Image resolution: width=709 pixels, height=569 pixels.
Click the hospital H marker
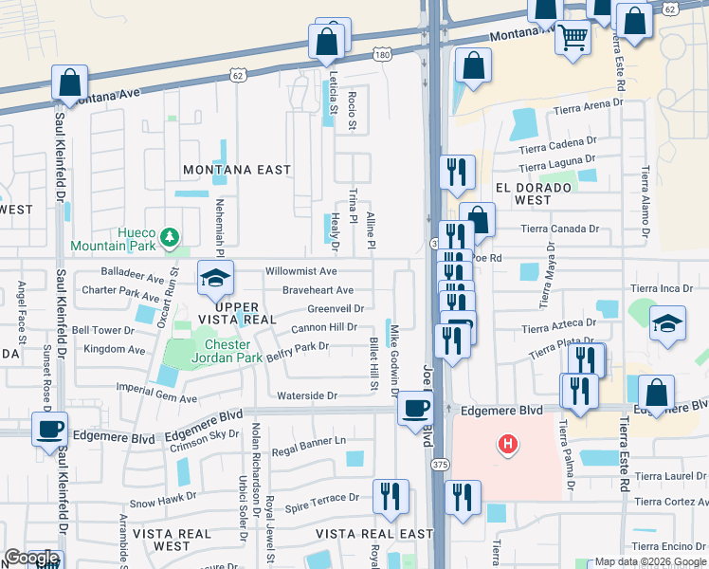[509, 443]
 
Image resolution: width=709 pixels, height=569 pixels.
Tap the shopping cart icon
[573, 39]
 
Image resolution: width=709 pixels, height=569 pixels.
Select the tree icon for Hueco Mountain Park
[169, 235]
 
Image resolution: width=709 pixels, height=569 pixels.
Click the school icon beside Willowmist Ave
[215, 279]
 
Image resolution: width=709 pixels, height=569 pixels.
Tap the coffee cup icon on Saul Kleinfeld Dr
[49, 428]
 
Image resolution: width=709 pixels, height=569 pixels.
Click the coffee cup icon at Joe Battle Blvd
[415, 408]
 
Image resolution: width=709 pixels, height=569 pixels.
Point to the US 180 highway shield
[381, 55]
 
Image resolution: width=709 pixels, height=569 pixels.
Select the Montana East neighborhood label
[237, 170]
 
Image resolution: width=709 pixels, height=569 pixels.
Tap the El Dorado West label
[534, 194]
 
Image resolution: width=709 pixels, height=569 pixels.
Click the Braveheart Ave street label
[318, 290]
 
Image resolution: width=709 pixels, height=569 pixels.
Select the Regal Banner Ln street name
[309, 441]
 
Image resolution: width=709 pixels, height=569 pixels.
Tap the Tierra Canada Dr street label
[560, 229]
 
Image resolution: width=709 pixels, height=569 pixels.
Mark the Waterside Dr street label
[307, 395]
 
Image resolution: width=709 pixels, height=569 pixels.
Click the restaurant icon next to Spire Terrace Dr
[391, 495]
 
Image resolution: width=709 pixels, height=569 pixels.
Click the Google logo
[31, 558]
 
